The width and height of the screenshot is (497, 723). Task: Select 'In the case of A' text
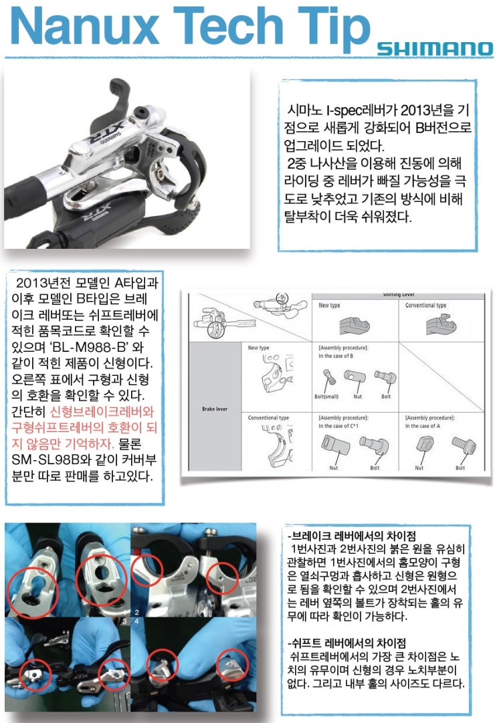tap(429, 425)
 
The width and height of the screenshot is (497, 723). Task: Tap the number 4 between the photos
tap(136, 621)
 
